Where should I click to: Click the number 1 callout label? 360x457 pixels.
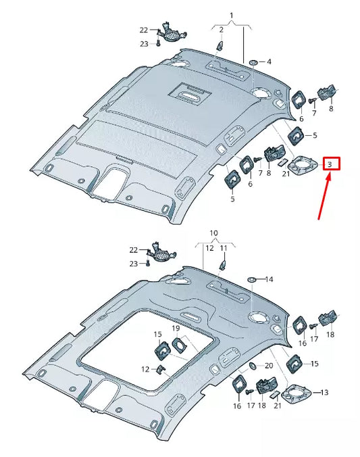(230, 15)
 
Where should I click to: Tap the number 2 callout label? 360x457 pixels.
(220, 29)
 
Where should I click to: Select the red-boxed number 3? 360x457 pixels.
(330, 164)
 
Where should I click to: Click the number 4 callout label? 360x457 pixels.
(269, 62)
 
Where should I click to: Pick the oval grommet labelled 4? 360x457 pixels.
(253, 62)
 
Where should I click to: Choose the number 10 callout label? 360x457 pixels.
(213, 233)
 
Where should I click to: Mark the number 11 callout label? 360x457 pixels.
(224, 248)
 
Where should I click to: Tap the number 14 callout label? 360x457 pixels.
(269, 279)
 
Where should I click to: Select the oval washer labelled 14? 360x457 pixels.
(251, 279)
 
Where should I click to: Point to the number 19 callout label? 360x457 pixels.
(176, 328)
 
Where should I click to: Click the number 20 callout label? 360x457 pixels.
(269, 365)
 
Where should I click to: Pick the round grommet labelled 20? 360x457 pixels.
(252, 366)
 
